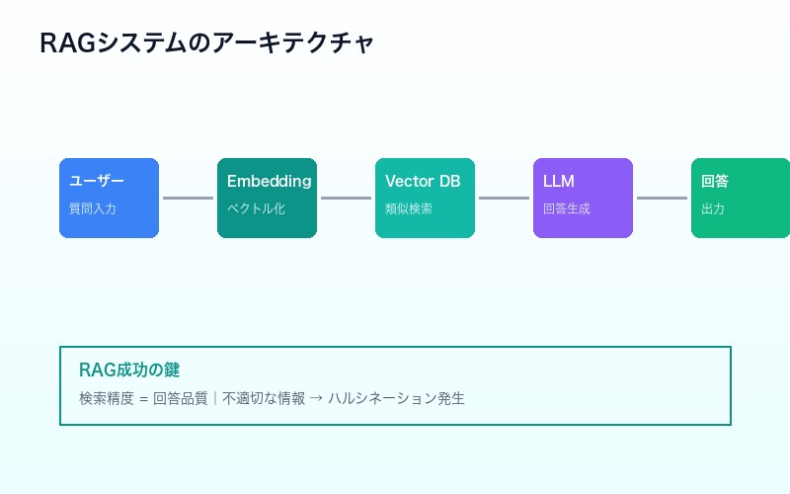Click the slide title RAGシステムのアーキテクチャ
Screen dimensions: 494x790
(x=206, y=43)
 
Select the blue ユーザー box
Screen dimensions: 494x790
(x=109, y=198)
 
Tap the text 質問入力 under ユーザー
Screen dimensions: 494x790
(x=93, y=209)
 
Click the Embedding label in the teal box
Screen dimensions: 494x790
(x=269, y=182)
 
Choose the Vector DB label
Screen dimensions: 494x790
(x=423, y=182)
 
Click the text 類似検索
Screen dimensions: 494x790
(x=409, y=209)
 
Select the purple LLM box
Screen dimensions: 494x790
(x=583, y=198)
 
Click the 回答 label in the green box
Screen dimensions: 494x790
(x=715, y=182)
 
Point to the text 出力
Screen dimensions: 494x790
(x=713, y=209)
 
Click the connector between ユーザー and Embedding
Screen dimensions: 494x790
(x=188, y=198)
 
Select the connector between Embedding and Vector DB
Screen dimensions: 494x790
(x=346, y=198)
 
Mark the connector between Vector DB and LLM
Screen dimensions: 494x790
(x=504, y=198)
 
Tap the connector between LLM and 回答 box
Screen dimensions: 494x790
(x=662, y=198)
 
